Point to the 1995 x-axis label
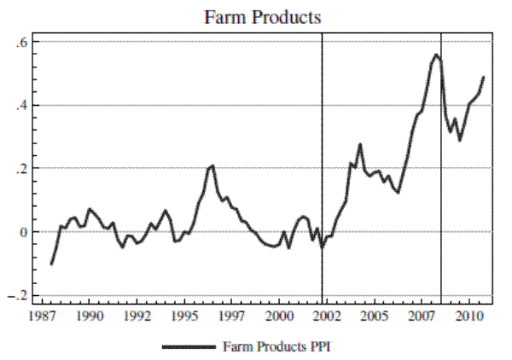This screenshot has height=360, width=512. [185, 316]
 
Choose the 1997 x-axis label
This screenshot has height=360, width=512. [233, 316]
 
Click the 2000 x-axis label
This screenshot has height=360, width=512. [281, 316]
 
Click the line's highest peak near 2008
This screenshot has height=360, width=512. [436, 55]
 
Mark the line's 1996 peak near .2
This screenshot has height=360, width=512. [212, 165]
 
